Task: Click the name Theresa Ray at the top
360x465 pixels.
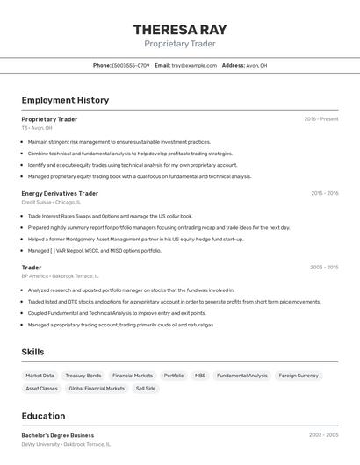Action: point(179,29)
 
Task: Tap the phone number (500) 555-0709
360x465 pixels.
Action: point(131,65)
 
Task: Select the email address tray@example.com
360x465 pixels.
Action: point(194,65)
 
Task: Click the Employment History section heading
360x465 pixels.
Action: point(65,100)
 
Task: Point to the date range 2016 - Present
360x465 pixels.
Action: point(321,119)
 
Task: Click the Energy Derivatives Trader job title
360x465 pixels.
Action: point(60,193)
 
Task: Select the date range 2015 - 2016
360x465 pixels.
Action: point(324,193)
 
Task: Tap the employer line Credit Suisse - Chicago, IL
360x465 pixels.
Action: point(51,202)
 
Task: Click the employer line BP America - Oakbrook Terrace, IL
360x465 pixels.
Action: point(66,275)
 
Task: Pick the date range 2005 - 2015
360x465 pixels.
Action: point(324,268)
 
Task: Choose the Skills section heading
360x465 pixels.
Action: point(32,352)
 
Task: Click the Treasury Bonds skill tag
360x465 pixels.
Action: point(83,376)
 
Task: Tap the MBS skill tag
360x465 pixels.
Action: point(200,376)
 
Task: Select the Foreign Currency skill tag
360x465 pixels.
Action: point(299,376)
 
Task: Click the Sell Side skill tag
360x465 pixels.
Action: point(146,388)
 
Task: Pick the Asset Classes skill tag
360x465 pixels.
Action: point(41,388)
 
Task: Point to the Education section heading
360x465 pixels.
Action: point(43,416)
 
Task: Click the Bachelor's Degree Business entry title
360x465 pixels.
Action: point(58,435)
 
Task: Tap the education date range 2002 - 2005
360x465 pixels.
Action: point(324,435)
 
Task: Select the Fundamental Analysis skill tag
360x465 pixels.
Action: point(242,376)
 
